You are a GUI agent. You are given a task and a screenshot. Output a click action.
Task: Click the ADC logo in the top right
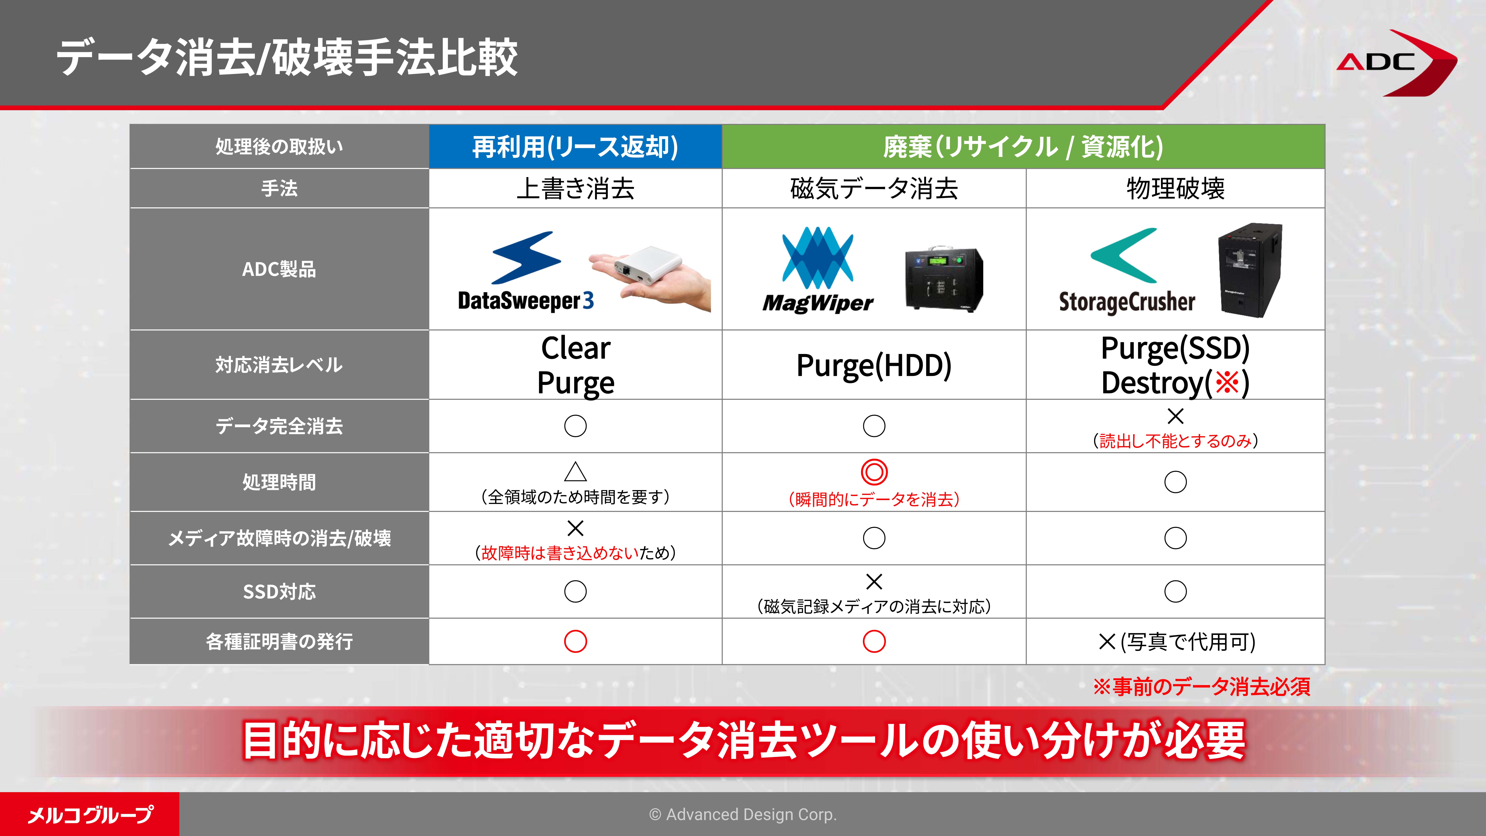[x=1396, y=62]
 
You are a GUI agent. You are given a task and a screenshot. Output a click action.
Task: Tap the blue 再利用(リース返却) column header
[x=575, y=147]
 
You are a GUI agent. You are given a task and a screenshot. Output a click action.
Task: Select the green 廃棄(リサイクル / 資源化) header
[x=1023, y=147]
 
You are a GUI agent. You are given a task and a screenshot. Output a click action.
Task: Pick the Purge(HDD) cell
[x=874, y=365]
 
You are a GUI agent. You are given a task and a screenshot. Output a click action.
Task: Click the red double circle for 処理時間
[x=874, y=472]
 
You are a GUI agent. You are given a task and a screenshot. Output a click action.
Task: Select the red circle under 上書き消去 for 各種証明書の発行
[x=575, y=641]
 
